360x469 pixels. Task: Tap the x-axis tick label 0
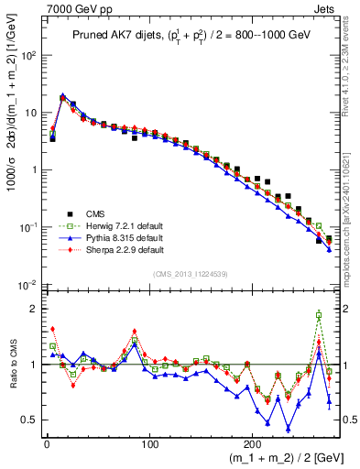47,445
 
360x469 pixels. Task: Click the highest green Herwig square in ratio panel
319,315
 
